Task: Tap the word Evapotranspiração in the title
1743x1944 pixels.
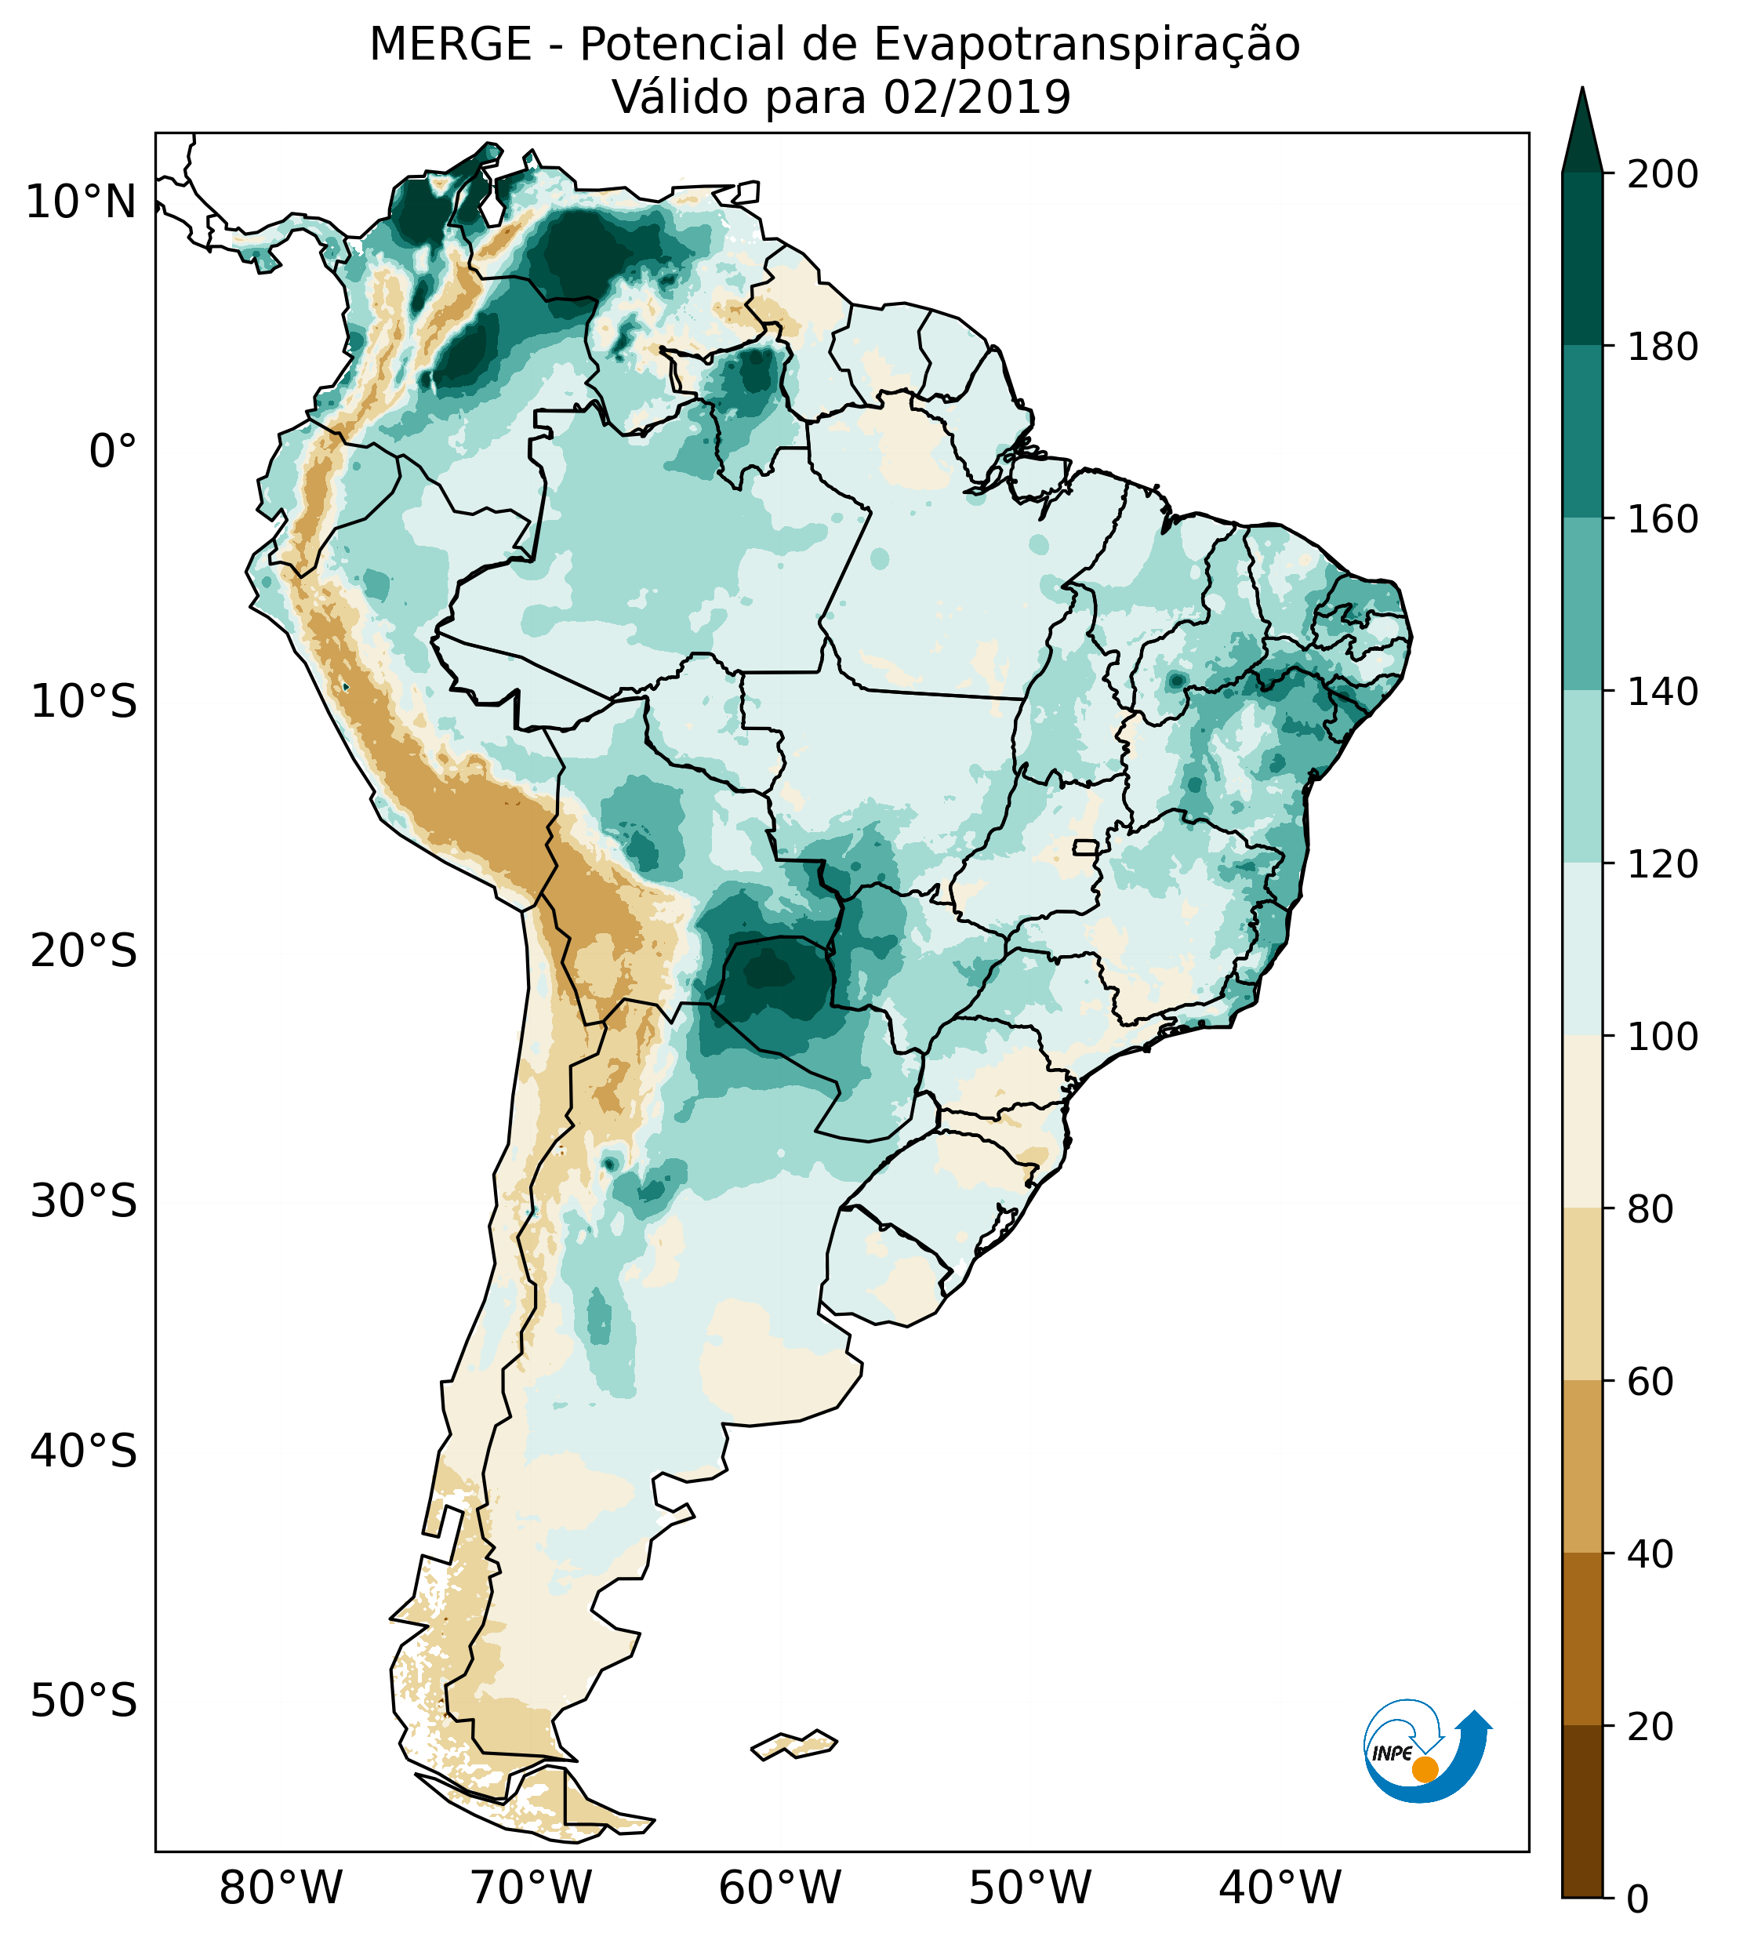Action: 1087,45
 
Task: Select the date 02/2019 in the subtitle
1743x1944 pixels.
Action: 977,98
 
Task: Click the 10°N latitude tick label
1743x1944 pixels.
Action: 82,203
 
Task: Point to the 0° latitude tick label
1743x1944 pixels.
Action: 113,452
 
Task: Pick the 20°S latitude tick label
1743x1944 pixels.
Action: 84,952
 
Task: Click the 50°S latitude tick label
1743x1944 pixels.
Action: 84,1702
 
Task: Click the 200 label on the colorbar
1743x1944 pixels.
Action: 1661,175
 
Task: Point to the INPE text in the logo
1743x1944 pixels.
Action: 1392,1753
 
